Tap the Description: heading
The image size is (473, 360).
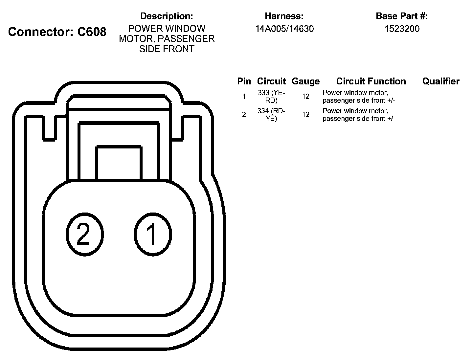pyautogui.click(x=167, y=16)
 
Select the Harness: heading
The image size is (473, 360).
pyautogui.click(x=284, y=16)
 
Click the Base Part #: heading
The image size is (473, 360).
pyautogui.click(x=402, y=16)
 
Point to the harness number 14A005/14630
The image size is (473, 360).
pyautogui.click(x=284, y=29)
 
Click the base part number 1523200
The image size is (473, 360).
pyautogui.click(x=402, y=29)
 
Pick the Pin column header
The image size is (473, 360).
pyautogui.click(x=244, y=81)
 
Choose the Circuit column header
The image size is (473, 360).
pyautogui.click(x=271, y=81)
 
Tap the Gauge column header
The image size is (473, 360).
pyautogui.click(x=305, y=81)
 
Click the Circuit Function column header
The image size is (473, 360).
pyautogui.click(x=371, y=81)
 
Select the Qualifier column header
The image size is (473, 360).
pyautogui.click(x=441, y=81)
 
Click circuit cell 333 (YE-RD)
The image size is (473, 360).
pyautogui.click(x=271, y=97)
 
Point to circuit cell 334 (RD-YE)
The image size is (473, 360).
pyautogui.click(x=271, y=115)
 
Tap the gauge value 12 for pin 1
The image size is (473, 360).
pyautogui.click(x=306, y=97)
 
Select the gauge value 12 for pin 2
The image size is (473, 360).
pyautogui.click(x=306, y=115)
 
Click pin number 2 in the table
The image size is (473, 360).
pyautogui.click(x=244, y=115)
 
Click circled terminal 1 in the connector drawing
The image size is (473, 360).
pyautogui.click(x=152, y=234)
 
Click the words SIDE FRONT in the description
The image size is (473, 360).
pyautogui.click(x=167, y=49)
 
